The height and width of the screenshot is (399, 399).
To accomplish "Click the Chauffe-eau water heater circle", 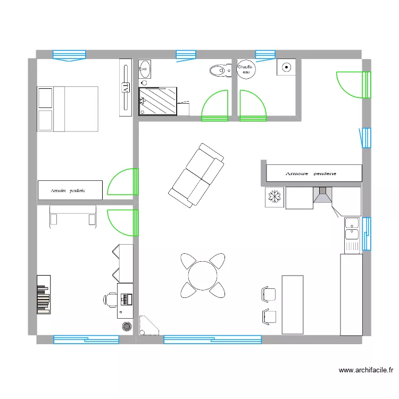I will [x=246, y=69].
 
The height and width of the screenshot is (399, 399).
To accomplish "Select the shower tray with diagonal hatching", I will [x=158, y=102].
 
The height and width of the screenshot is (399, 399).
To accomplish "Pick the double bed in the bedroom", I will [x=68, y=109].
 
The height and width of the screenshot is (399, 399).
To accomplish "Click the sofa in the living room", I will [x=196, y=174].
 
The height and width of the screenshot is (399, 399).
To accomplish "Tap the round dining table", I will [x=202, y=275].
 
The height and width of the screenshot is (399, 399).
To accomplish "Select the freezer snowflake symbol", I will [x=275, y=197].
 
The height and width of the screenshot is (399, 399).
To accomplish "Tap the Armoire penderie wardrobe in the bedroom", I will [x=70, y=190].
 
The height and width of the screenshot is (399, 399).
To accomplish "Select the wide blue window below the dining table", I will [x=212, y=339].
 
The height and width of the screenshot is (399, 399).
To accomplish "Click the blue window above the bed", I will [x=69, y=54].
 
